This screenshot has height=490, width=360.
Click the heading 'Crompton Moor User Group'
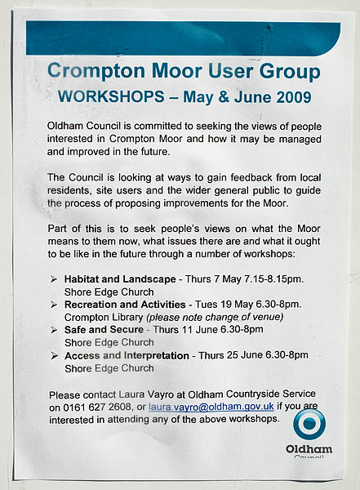(184, 71)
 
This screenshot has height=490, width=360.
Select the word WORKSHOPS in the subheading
(107, 96)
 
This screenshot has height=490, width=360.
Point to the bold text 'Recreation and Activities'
(126, 304)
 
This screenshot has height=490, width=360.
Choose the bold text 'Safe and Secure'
(104, 330)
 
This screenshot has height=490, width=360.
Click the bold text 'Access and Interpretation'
(127, 355)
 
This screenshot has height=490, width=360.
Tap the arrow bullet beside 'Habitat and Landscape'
(54, 279)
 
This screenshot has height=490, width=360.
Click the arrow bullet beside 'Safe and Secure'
(54, 330)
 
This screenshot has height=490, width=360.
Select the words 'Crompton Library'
(103, 317)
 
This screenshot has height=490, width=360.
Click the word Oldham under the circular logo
(309, 448)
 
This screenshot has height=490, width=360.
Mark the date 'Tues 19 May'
(229, 304)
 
